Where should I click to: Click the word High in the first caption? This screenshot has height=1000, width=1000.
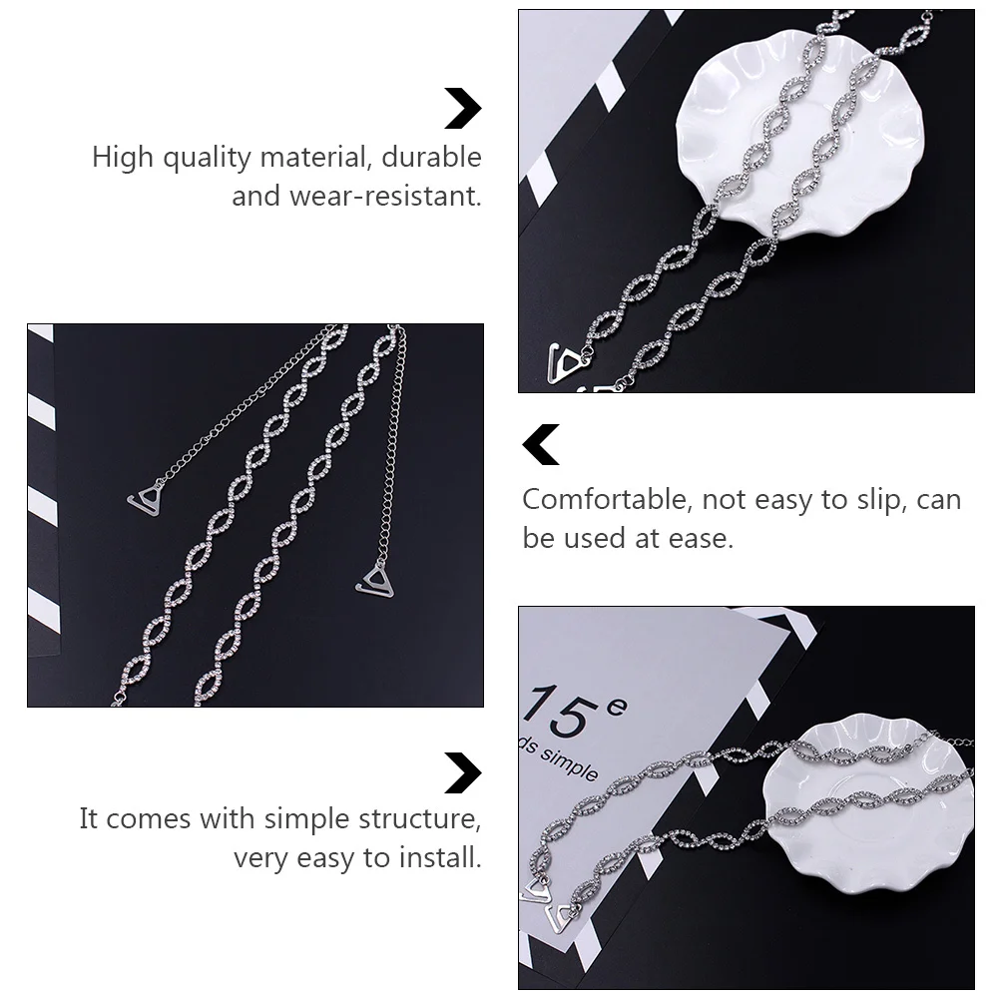coord(122,158)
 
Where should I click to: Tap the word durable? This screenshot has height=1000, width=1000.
coord(432,157)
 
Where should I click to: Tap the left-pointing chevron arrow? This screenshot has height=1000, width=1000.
coord(541,444)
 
